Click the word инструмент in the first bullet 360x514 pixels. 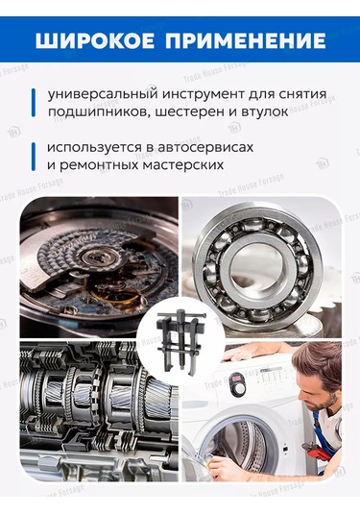(198, 96)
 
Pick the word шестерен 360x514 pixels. (180, 113)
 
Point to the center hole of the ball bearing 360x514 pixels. (259, 262)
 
